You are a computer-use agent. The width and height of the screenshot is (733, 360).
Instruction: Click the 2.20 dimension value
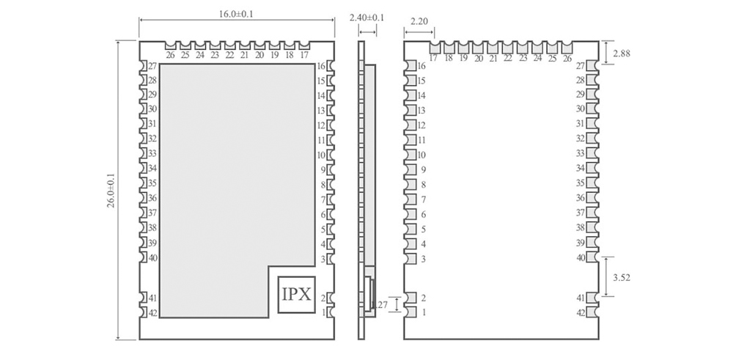click(x=419, y=22)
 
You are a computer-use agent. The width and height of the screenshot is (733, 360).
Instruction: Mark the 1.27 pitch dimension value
click(x=379, y=304)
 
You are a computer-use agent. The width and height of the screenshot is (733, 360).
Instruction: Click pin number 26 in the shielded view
click(x=170, y=55)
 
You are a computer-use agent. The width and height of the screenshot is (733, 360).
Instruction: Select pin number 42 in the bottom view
click(x=581, y=313)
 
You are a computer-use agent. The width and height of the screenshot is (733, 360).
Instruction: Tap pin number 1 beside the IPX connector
click(x=323, y=313)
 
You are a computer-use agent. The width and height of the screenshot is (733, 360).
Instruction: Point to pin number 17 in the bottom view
click(x=433, y=58)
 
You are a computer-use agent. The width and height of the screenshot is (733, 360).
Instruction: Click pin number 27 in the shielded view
click(x=152, y=66)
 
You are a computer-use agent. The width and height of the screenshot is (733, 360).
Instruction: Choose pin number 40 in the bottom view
click(x=581, y=257)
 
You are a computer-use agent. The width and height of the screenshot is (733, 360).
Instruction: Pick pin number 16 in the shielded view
click(x=321, y=66)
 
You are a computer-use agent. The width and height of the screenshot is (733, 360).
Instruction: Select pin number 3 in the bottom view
click(x=423, y=259)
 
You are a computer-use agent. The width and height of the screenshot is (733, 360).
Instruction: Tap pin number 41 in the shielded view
click(x=152, y=298)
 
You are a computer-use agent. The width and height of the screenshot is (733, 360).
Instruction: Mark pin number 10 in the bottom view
click(x=421, y=155)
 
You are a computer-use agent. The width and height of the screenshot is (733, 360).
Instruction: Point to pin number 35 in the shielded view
click(x=152, y=183)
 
